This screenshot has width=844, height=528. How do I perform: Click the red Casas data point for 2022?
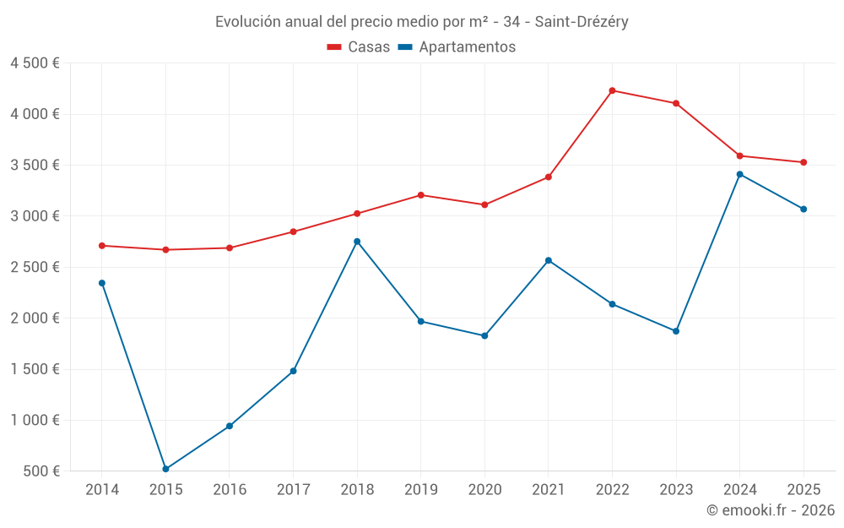pos(612,90)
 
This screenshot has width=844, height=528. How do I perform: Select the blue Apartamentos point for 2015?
pos(165,469)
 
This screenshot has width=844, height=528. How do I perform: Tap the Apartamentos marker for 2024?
pos(739,174)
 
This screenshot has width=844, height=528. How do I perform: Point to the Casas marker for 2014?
pos(102,246)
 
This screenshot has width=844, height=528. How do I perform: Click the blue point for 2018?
pos(357,242)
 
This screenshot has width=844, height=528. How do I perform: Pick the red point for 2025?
pos(803,162)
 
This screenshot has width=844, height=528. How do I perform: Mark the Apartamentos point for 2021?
pos(549,260)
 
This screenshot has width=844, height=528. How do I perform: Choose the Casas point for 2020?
pos(484,204)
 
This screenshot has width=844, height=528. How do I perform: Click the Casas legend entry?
pos(359,47)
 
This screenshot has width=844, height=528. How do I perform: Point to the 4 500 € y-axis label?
pos(35,63)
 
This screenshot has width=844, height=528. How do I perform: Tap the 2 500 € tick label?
pos(35,267)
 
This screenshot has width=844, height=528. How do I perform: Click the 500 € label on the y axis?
pos(40,471)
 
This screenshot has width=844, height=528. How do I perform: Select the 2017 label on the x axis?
pos(293,490)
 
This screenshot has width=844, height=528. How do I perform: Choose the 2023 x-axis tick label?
pos(676,490)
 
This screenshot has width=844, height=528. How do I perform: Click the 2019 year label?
pos(420,490)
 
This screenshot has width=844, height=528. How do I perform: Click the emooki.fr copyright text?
pos(770,510)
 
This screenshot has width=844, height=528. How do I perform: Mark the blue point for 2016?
pos(230,426)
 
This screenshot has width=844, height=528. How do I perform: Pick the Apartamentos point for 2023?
pos(676,331)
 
